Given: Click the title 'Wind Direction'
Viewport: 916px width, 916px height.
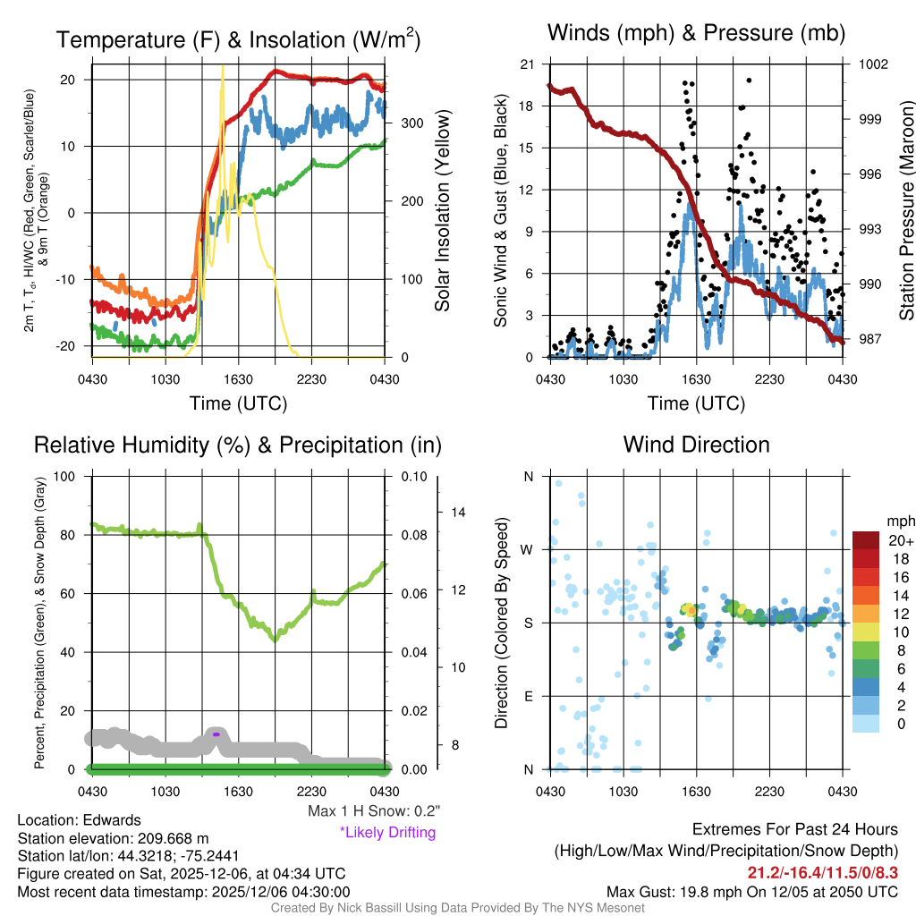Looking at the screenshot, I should point(696,445).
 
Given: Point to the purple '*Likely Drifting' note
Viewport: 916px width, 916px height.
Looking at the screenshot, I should point(387,833).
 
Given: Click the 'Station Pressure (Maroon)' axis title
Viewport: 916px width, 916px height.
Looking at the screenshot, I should point(906,209).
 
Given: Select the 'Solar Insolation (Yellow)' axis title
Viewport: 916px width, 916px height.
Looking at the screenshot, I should point(442,210).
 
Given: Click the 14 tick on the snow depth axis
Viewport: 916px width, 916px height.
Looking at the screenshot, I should point(459,513).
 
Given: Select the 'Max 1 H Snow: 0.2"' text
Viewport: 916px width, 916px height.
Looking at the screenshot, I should point(374,812).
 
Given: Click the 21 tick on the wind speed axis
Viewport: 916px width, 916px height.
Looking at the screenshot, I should point(528,64).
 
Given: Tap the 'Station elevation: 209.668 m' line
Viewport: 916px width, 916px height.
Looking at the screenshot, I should point(113,838).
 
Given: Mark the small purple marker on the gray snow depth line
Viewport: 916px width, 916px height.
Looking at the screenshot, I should point(216,734).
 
